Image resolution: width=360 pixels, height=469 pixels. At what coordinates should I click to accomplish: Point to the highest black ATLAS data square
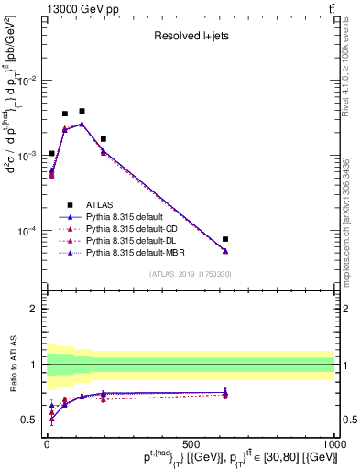[x=82, y=111]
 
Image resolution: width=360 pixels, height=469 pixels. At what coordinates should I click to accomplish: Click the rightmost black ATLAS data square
[x=225, y=239]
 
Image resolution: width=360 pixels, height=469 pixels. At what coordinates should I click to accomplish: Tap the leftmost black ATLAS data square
[x=51, y=153]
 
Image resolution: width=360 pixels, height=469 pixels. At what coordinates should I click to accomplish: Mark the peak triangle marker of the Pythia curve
[x=82, y=124]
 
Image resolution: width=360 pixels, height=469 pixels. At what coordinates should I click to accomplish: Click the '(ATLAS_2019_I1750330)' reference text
[x=190, y=274]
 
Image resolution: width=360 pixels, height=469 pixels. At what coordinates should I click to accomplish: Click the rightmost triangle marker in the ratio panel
[x=225, y=393]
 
